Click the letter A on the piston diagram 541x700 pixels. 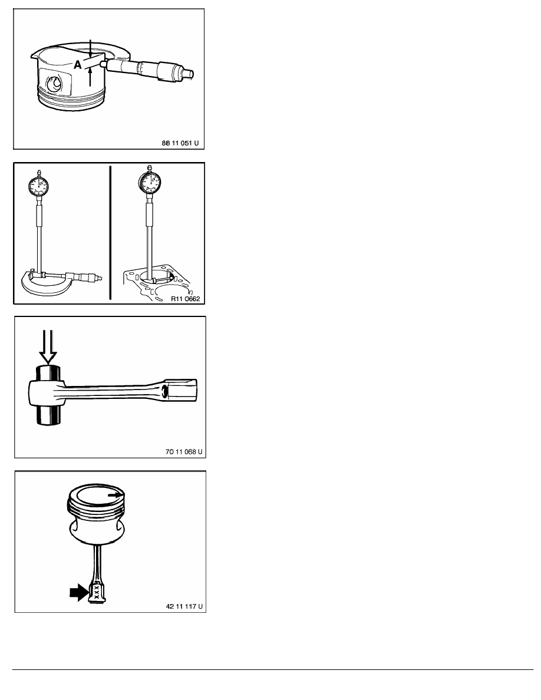click(78, 65)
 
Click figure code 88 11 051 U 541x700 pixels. click(180, 143)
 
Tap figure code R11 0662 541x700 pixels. click(185, 299)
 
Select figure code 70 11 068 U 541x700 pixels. click(184, 452)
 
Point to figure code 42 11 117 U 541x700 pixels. click(184, 606)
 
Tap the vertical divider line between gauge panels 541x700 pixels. click(110, 233)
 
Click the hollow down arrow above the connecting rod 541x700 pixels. click(48, 346)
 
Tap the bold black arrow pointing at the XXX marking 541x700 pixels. click(79, 592)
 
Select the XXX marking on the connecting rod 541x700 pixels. click(95, 593)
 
